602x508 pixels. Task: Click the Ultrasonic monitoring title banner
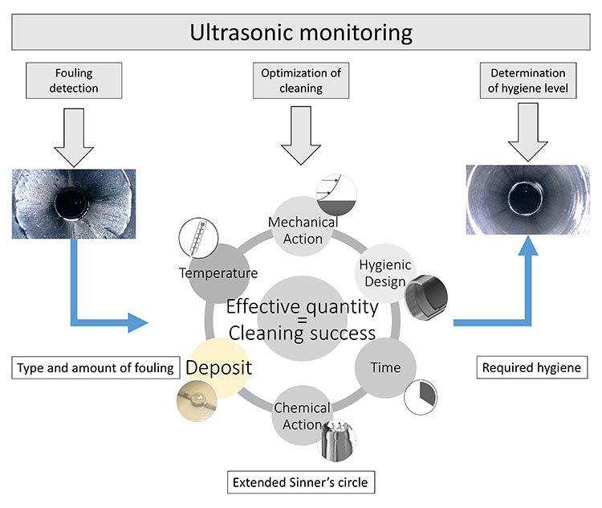[x=301, y=33]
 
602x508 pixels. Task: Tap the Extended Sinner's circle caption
[x=302, y=484]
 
